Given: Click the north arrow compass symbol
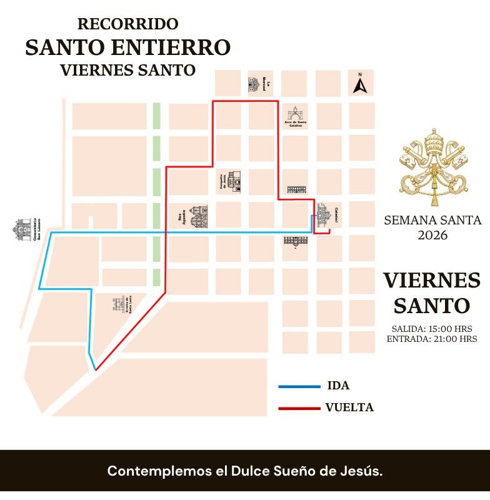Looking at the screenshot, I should pos(359,84).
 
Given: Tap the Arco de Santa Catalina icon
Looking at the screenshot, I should pos(294,114).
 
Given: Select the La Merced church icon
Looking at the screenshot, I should pos(253,84).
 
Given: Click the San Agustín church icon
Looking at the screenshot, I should pos(198,217).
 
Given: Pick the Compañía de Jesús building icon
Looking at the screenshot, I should pos(234,181).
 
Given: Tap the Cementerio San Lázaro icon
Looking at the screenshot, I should pos(22,229).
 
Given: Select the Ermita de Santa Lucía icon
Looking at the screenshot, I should pos(119,305).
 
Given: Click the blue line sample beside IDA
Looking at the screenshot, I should pos(299,386).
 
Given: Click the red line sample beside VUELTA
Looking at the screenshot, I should pos(299,408).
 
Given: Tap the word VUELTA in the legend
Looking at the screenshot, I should pos(349,407).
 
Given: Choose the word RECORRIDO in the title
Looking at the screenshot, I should pos(127,24).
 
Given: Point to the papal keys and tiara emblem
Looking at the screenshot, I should pos(434,167).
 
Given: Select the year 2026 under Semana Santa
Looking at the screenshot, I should pos(432,235).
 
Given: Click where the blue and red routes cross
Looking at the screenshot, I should pos(166,232).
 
